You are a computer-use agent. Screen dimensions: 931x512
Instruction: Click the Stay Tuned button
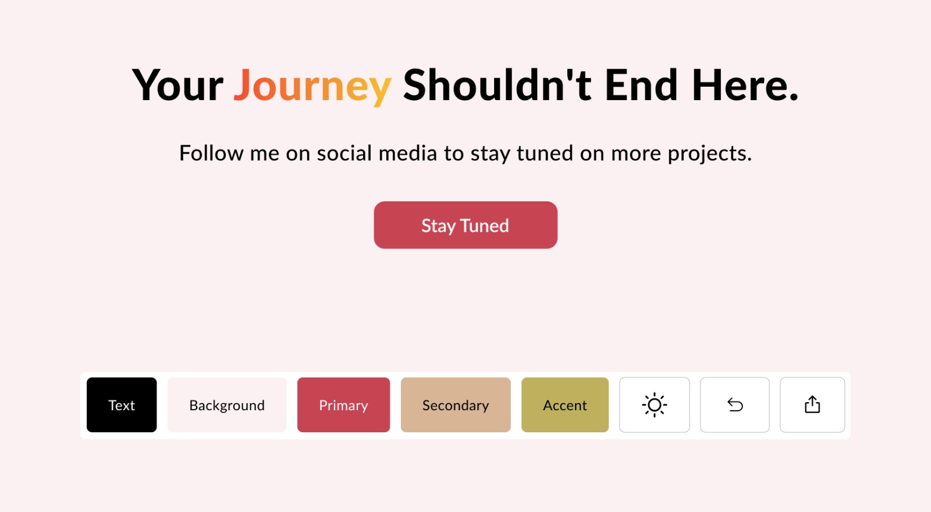pos(465,225)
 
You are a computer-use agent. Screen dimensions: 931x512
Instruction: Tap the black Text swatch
pos(122,405)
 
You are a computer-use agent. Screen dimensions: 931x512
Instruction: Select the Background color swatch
pos(227,405)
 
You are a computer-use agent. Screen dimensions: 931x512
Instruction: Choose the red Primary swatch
pos(344,405)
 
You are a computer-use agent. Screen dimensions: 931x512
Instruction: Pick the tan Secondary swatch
pos(456,405)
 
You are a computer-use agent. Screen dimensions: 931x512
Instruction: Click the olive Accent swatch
pos(565,405)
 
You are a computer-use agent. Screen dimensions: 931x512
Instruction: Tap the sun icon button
pos(655,405)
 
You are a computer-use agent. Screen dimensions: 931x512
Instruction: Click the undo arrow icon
pos(735,405)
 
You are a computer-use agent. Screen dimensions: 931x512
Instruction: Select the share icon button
pos(812,405)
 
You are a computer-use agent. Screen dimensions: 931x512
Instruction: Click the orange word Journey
pos(312,87)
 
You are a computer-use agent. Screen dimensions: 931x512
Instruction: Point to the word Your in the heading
pos(177,85)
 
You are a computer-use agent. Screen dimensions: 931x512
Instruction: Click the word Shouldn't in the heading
pos(497,84)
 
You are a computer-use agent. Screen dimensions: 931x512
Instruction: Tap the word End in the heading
pos(641,84)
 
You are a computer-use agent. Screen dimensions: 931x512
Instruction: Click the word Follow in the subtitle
pos(211,152)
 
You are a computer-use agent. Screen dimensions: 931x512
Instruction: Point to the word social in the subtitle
pos(344,152)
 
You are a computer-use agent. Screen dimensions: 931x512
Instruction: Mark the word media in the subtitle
pos(408,152)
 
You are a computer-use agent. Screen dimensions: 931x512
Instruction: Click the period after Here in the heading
pos(794,97)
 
